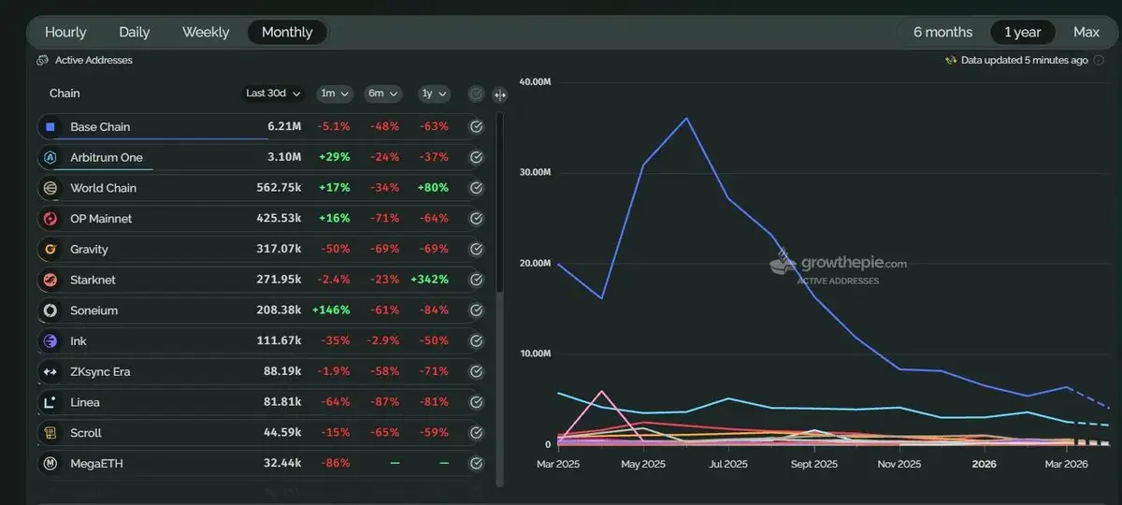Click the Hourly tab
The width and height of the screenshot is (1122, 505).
[x=65, y=32]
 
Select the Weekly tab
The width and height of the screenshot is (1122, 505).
[x=206, y=32]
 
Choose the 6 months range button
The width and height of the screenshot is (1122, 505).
[x=942, y=32]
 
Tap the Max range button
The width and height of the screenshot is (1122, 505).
[x=1086, y=32]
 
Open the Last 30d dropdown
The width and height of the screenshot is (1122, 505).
[x=273, y=94]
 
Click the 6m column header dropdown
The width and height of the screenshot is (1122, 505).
[x=382, y=94]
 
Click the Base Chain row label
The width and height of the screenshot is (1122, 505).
[x=100, y=126]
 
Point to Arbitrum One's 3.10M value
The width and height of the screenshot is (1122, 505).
[x=284, y=157]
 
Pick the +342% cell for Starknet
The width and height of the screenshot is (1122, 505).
[x=429, y=280]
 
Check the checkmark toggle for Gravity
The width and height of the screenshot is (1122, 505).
[x=476, y=250]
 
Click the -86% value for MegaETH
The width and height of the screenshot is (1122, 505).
[x=335, y=463]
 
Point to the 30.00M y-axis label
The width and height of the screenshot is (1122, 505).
[x=537, y=173]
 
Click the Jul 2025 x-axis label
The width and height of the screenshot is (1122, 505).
[x=728, y=464]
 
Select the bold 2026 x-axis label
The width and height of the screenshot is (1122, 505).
[x=985, y=464]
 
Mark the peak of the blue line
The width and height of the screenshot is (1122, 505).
[x=687, y=118]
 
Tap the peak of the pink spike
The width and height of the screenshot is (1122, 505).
[x=601, y=391]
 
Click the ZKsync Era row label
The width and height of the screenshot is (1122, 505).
[x=100, y=371]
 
